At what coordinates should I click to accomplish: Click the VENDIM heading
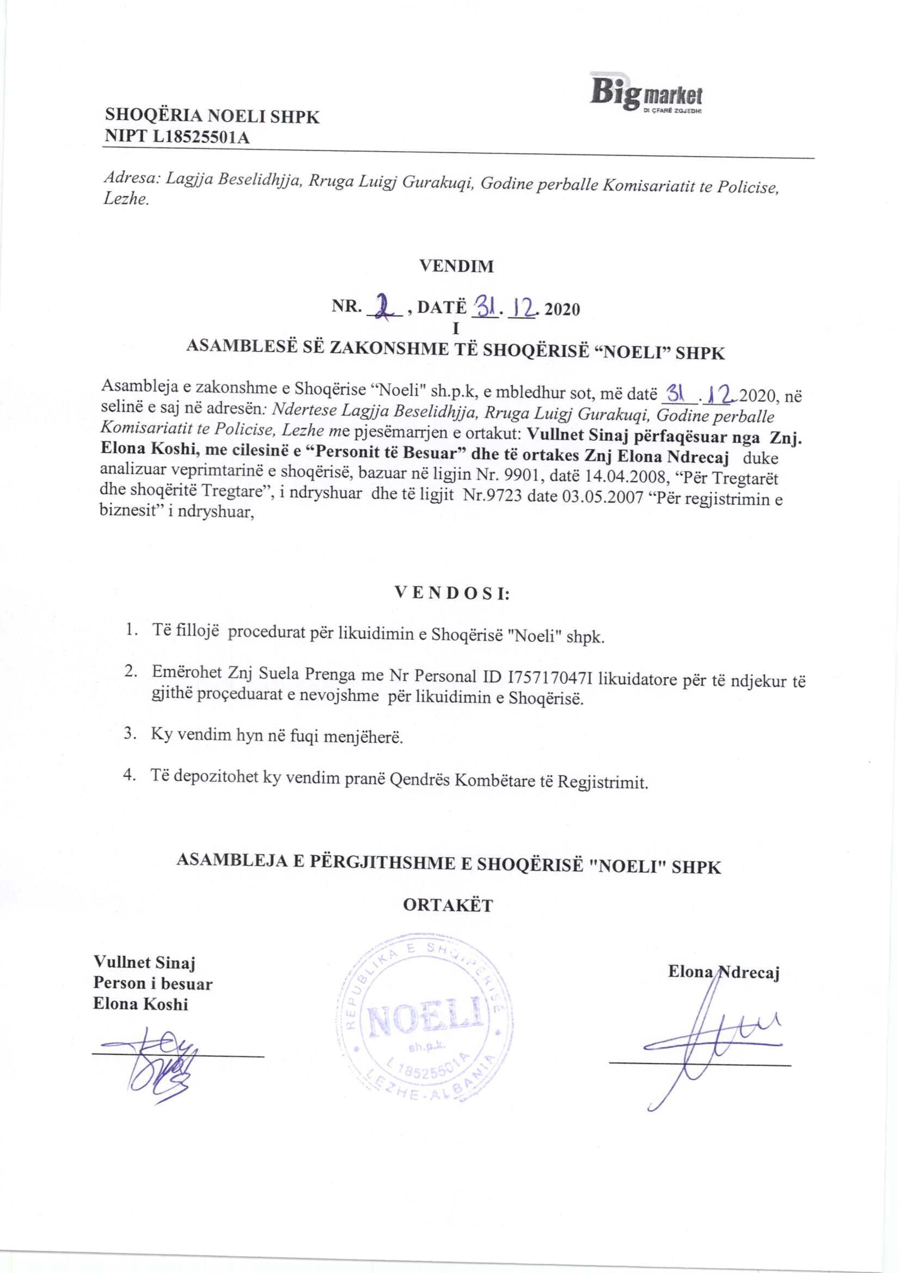(456, 266)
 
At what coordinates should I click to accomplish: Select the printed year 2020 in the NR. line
(562, 308)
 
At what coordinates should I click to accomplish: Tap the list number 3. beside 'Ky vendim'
(130, 734)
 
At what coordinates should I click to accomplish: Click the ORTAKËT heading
(448, 905)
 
